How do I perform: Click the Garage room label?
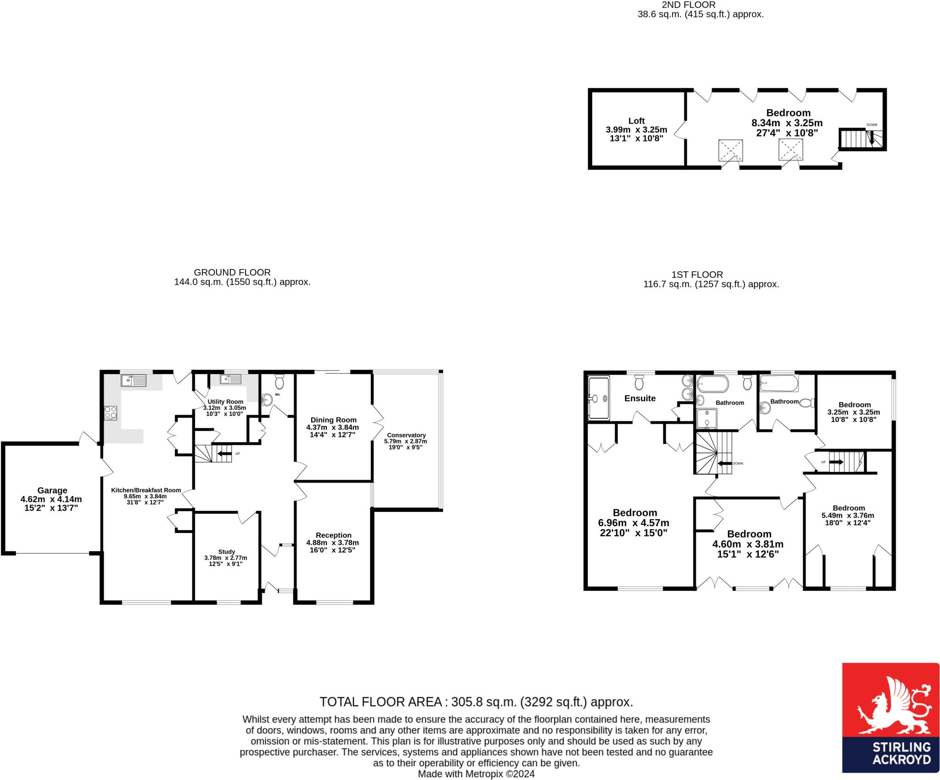[52, 490]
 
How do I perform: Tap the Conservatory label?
[406, 435]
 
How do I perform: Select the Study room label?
[227, 551]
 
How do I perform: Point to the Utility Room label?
[225, 401]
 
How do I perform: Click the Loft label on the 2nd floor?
[637, 121]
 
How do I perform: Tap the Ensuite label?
[640, 398]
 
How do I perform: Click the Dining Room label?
[334, 420]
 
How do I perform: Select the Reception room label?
[334, 535]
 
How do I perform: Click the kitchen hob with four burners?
[111, 412]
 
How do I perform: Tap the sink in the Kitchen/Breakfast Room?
[133, 380]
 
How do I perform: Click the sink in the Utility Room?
[230, 379]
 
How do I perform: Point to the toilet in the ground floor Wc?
[280, 381]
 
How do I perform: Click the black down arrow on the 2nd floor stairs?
[871, 138]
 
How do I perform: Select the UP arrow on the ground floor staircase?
[224, 454]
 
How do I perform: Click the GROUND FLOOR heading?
[232, 272]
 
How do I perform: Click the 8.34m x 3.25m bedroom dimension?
[787, 123]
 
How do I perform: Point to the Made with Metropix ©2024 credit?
[476, 774]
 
